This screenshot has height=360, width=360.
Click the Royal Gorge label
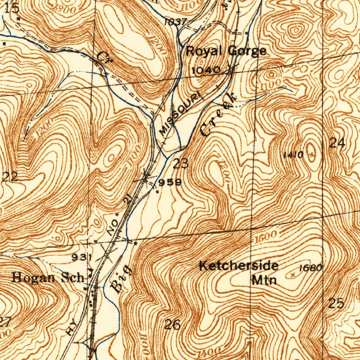coord(226,51)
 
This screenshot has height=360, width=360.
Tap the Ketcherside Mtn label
coord(239,272)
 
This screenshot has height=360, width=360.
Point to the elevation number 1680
coord(310,268)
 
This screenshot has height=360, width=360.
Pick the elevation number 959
coord(170,182)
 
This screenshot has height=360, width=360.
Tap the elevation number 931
coord(82,258)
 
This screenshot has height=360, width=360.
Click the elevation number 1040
coord(206,70)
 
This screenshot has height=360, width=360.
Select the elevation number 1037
coord(175,22)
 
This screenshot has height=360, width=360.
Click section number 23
coord(181,163)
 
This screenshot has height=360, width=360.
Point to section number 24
coord(337,143)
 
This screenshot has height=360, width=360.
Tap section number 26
coord(173,324)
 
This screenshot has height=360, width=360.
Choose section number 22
coord(10,176)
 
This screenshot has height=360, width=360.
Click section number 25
coord(336,303)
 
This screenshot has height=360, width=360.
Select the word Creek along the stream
coord(218,115)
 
